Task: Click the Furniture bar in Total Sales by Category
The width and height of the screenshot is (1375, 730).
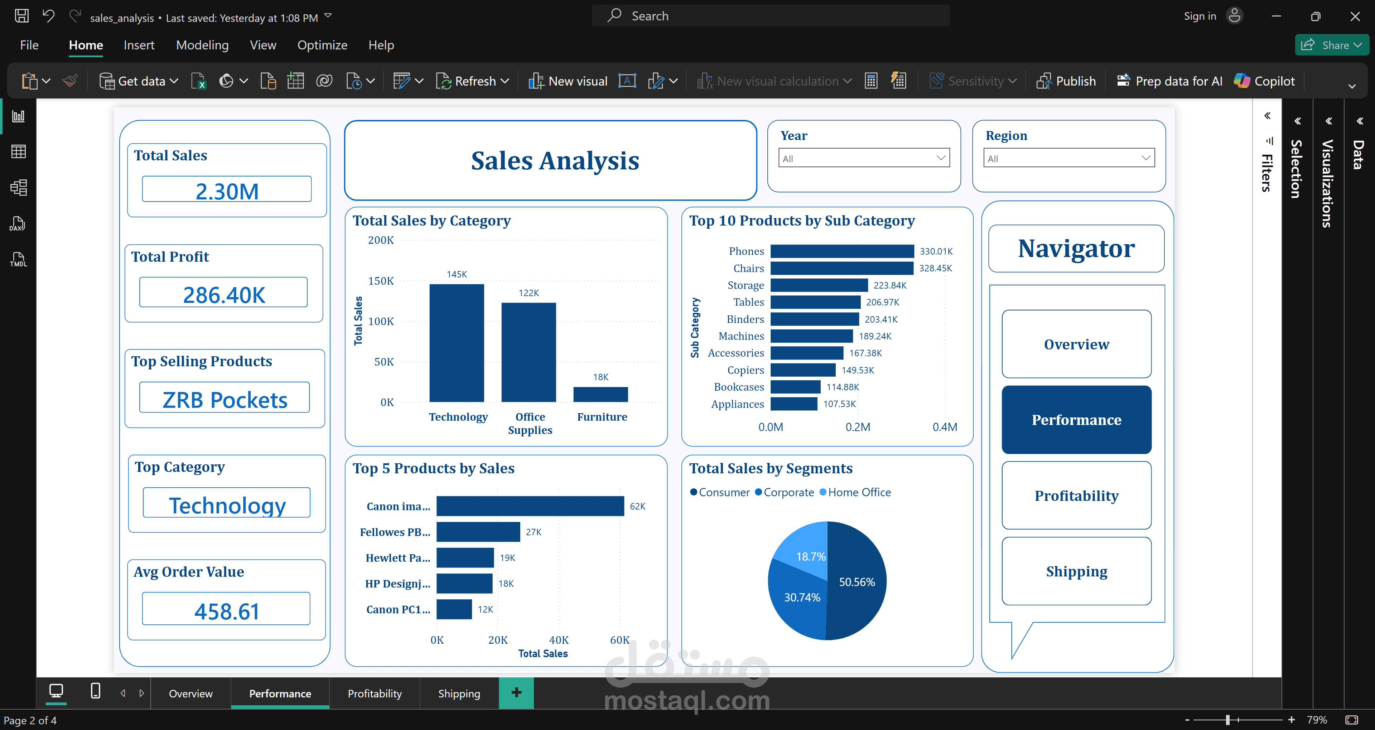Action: coord(600,394)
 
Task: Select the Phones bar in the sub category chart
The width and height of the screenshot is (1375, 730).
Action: coord(842,251)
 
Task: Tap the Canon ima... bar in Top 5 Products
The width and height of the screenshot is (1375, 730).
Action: coord(530,506)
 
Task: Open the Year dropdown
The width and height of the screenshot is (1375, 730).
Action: coord(864,158)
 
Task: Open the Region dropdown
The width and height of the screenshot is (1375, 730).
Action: coord(1068,158)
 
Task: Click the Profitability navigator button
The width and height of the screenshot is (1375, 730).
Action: coord(1076,496)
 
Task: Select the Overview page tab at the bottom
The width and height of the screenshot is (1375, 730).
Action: coord(190,693)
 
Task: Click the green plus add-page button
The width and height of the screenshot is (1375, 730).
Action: coord(516,693)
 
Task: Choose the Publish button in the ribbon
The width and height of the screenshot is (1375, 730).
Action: coord(1066,81)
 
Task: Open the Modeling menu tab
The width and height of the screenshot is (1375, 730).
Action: coord(202,45)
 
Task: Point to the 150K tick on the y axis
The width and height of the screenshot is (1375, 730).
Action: coord(381,281)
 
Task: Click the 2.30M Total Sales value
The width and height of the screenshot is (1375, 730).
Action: coord(227,191)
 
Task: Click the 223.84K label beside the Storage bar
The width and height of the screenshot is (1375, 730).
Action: coord(890,285)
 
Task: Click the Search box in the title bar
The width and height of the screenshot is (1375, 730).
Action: coord(771,16)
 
